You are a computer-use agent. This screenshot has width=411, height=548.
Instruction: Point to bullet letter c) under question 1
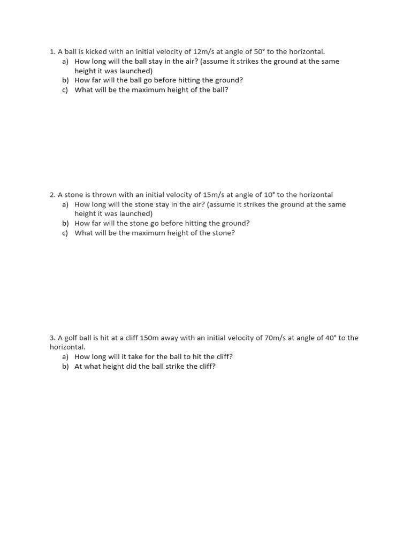(x=65, y=90)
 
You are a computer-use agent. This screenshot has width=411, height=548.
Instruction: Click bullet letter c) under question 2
(x=65, y=233)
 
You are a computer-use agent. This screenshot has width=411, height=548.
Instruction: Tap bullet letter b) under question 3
(x=65, y=367)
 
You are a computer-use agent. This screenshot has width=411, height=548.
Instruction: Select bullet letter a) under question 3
(x=65, y=357)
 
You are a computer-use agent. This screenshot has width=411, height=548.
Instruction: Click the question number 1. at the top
(x=52, y=52)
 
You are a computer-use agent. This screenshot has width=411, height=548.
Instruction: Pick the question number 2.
(x=52, y=195)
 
